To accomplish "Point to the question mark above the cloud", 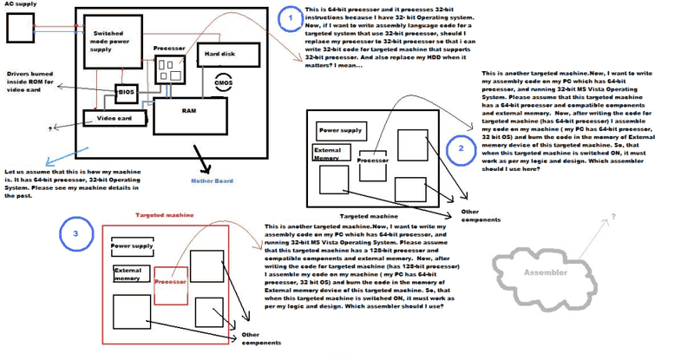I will point(614,215).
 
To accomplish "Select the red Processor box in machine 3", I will point(170,282).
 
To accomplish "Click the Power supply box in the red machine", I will point(133,246).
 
